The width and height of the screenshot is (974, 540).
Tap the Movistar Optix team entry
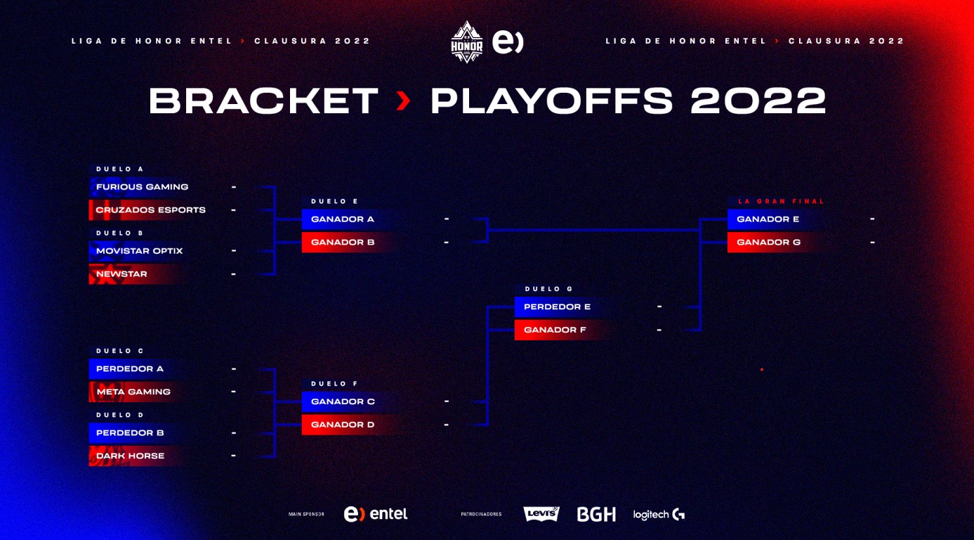139,251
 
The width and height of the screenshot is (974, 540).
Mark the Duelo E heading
334,201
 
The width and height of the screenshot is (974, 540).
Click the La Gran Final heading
782,201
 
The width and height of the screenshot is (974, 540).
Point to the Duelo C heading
119,351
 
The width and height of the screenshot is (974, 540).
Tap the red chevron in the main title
404,101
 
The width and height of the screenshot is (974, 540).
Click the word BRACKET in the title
263,101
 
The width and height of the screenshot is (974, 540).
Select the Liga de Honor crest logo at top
466,41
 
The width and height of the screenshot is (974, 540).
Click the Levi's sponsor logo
541,514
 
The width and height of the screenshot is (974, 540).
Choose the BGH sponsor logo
596,514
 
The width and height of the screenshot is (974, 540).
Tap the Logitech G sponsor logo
659,515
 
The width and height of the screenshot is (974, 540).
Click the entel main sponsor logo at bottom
376,514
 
